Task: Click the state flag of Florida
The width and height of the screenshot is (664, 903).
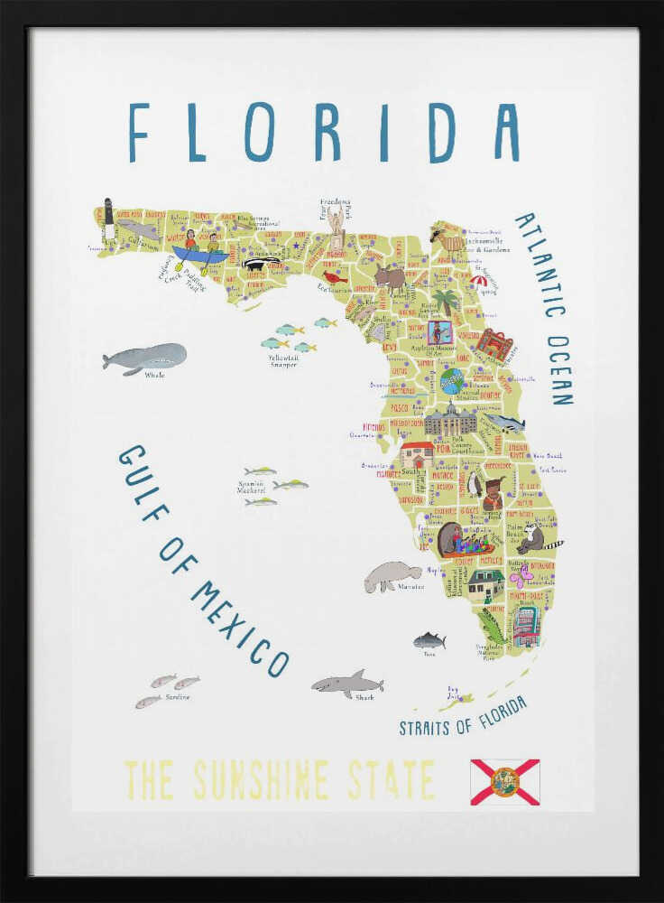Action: point(504,781)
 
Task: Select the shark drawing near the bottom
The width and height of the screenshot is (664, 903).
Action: point(347,684)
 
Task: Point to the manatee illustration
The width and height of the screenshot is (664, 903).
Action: point(392,575)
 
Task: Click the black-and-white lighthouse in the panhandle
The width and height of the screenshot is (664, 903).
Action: point(108,218)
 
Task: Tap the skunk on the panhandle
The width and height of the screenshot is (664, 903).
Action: point(262,264)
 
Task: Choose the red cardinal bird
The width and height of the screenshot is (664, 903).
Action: point(335,276)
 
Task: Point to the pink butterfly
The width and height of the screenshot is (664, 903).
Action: point(521,575)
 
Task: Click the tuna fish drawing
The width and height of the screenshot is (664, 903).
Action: point(429,640)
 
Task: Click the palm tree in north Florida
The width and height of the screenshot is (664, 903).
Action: point(444,301)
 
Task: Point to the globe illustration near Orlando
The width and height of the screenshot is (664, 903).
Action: point(451,380)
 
